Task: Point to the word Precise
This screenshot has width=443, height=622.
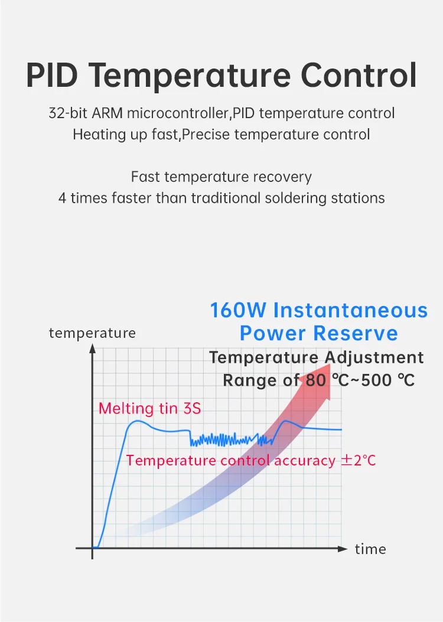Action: tap(206, 135)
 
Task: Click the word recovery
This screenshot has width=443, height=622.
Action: tap(282, 177)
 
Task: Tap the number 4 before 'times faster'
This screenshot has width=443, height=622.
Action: tap(62, 198)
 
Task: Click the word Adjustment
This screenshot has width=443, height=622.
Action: tap(374, 357)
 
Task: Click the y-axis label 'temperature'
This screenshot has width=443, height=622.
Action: tap(92, 333)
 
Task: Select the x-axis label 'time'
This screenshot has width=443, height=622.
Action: tap(370, 549)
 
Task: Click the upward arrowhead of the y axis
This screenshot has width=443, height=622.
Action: tap(92, 349)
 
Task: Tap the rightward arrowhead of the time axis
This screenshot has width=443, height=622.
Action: tap(343, 549)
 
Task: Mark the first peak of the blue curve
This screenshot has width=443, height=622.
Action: tap(136, 421)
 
